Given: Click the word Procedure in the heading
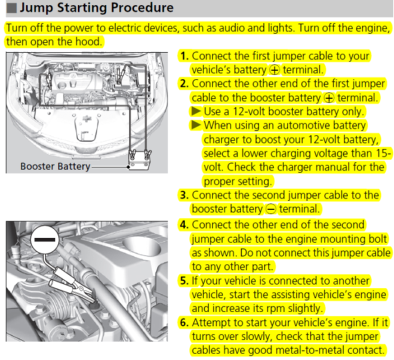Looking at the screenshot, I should click(137, 8).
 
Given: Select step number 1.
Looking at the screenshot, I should click(184, 56).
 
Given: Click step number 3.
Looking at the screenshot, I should click(185, 195).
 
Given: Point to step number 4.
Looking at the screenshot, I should click(185, 225).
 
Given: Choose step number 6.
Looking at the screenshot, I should click(185, 323).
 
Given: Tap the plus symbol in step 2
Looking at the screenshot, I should click(328, 98).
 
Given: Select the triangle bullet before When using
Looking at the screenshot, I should click(196, 126).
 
